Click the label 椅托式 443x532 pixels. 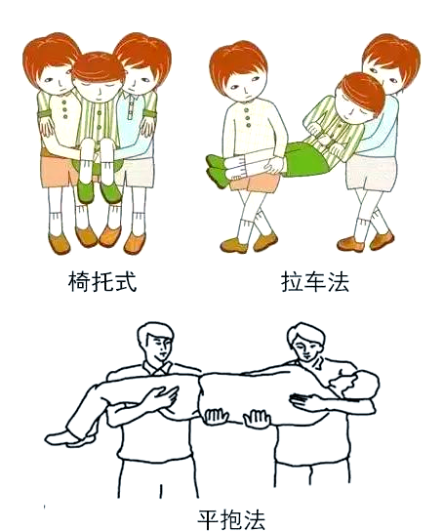[x=96, y=283]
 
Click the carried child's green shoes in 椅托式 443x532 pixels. [x=98, y=190]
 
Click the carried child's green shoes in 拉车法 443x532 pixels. [x=214, y=162]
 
